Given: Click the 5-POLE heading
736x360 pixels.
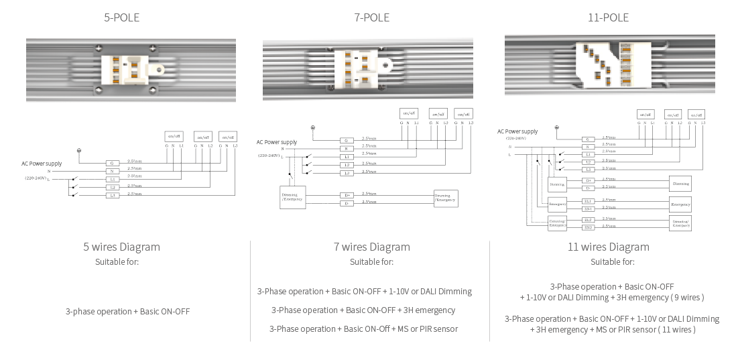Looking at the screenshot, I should (121, 17).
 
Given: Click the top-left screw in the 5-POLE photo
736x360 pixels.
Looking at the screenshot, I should (99, 48).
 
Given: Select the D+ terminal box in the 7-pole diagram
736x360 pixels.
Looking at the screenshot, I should (346, 195).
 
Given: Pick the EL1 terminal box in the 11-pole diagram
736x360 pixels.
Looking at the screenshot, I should (588, 200).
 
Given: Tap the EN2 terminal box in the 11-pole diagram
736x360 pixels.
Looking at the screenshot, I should (588, 227).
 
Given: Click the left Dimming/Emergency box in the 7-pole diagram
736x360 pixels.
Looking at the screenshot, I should (292, 197).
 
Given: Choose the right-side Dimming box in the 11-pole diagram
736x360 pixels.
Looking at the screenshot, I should (680, 183).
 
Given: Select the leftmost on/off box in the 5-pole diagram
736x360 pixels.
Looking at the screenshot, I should (174, 136).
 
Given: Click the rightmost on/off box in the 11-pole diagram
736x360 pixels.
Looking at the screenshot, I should (696, 115).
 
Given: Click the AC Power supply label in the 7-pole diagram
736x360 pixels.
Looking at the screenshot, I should (276, 142).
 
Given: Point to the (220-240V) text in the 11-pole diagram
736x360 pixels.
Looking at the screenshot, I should (516, 138).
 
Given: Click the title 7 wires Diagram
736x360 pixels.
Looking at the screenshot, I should (371, 247).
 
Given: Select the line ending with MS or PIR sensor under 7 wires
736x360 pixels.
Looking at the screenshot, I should (363, 329).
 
